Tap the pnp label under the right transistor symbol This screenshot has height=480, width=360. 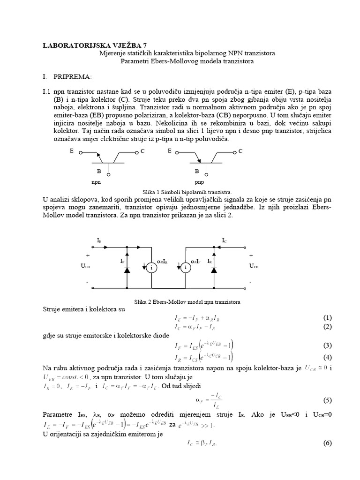point(199,180)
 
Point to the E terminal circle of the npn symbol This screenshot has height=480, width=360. point(81,152)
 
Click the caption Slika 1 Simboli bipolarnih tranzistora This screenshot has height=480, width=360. point(183,192)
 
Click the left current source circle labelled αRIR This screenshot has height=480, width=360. point(152,267)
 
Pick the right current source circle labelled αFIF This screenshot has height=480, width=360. point(186,267)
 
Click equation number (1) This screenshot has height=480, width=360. point(327,317)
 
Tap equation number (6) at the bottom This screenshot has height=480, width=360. point(327,443)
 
